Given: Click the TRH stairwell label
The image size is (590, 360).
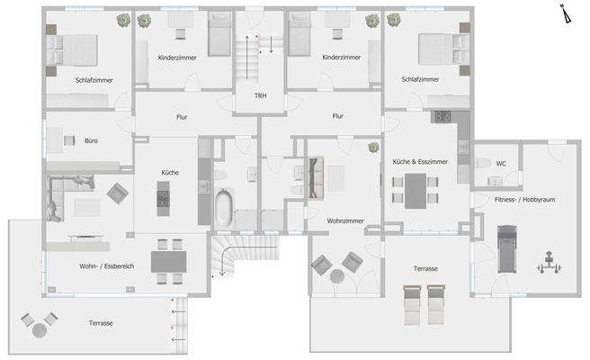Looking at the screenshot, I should click(260, 95).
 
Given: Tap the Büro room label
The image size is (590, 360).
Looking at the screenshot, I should click(91, 141).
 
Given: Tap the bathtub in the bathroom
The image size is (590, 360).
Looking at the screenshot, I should click(222, 208).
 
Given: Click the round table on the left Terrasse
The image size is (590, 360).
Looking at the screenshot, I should click(40, 330).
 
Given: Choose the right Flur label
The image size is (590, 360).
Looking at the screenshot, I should click(338, 116).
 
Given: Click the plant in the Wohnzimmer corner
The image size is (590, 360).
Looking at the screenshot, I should click(370, 148).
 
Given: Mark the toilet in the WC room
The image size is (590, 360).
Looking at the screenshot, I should click(482, 163).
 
